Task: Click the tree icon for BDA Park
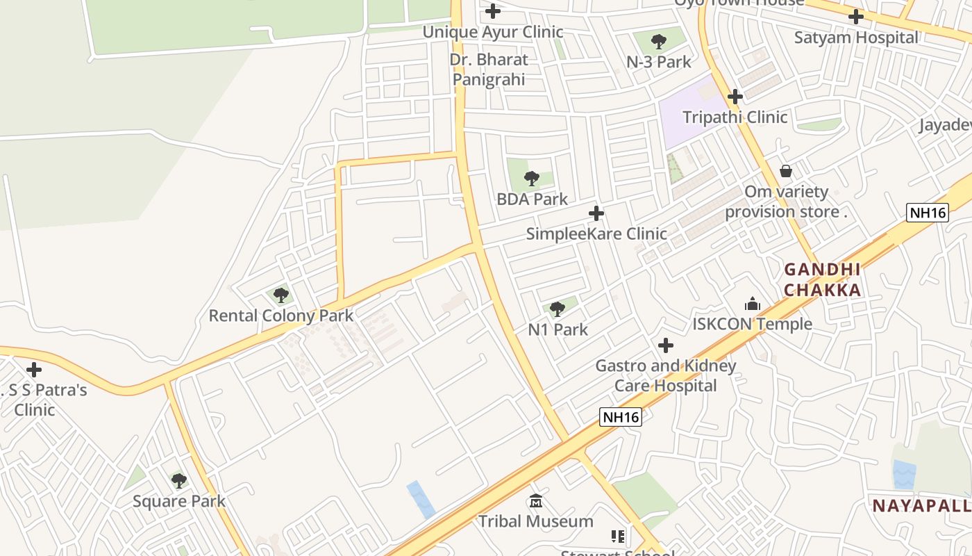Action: [532, 179]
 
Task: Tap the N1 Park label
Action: [558, 329]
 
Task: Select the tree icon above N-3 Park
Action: [659, 42]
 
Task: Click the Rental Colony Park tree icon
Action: [281, 295]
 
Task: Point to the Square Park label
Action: [179, 501]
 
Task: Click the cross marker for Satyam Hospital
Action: [856, 17]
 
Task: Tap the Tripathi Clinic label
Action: [735, 117]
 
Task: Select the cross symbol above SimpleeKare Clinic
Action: [596, 213]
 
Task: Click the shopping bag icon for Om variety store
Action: [786, 171]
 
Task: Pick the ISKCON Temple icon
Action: [753, 304]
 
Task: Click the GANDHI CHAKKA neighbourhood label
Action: [823, 279]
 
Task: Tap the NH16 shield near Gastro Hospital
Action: [621, 417]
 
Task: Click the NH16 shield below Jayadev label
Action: [928, 213]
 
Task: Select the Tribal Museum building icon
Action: [536, 500]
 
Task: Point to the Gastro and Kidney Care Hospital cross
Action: [666, 345]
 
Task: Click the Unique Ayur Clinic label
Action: [493, 32]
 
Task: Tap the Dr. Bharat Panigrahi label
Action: [489, 69]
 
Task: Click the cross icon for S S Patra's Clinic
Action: [33, 370]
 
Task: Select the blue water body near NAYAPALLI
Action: [904, 475]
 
